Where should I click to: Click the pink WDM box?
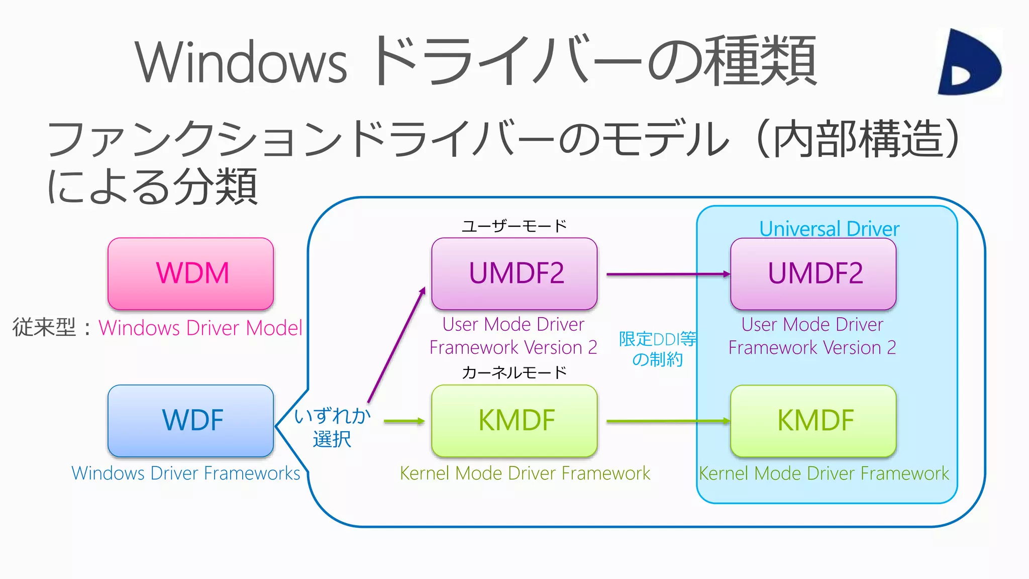[191, 273]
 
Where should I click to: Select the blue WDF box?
[191, 421]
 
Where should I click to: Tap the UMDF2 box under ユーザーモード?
[514, 273]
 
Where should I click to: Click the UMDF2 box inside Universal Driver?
[813, 273]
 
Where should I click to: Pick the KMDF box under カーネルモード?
[514, 421]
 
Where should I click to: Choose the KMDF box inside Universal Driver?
[813, 421]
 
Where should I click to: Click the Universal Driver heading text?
[829, 229]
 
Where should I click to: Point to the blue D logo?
[967, 63]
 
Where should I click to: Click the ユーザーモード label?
[514, 226]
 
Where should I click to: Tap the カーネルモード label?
[514, 372]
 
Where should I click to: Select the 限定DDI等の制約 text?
[657, 349]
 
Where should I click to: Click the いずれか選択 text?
[332, 427]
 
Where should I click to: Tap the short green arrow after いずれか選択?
[403, 421]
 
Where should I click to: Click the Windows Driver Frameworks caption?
[186, 473]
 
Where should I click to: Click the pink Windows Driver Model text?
[200, 328]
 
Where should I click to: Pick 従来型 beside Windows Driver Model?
[44, 328]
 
